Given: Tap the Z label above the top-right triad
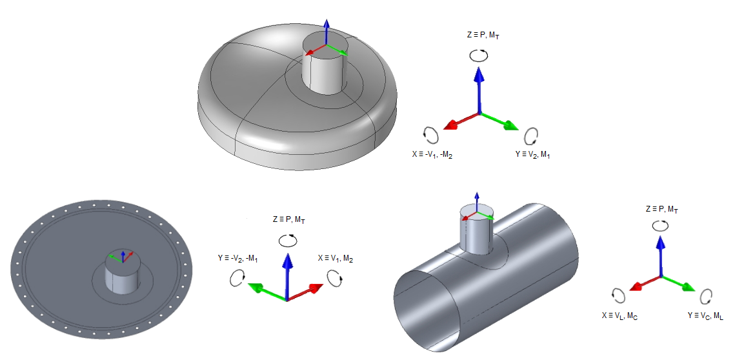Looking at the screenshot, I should tap(482, 35).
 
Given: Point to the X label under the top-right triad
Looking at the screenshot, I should tap(432, 155).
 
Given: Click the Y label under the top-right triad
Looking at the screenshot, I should tap(533, 155).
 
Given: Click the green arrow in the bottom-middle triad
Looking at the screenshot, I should tap(265, 292).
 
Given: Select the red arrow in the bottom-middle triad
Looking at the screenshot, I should tap(307, 292).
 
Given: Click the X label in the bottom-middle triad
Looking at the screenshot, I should tap(335, 259).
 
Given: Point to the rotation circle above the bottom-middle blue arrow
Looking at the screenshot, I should tap(288, 240).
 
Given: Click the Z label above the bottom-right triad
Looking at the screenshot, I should tap(661, 210).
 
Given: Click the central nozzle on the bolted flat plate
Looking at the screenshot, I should tap(121, 274).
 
